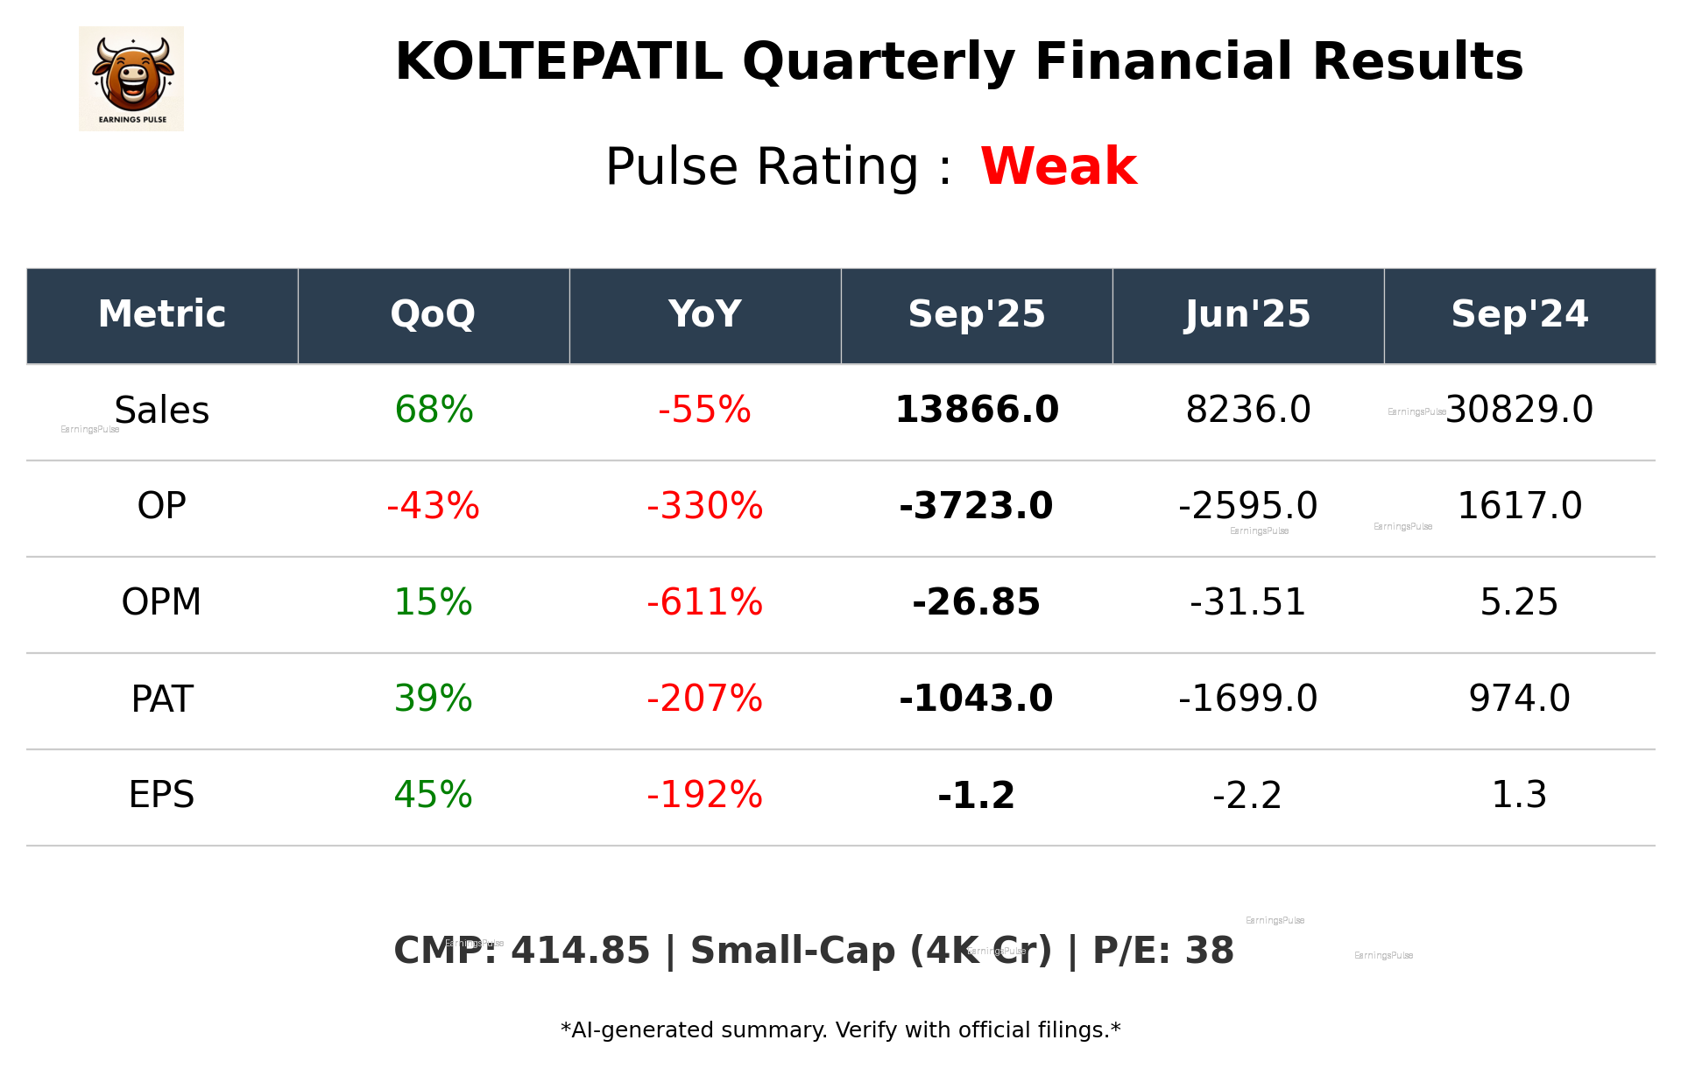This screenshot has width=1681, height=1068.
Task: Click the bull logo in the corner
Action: tap(131, 79)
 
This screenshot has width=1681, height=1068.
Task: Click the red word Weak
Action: tap(1058, 166)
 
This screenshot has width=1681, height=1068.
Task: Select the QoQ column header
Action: tap(434, 315)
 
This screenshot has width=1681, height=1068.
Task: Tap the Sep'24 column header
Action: tap(1519, 315)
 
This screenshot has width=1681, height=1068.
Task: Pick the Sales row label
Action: tap(162, 411)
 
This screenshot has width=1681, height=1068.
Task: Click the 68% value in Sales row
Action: tap(434, 411)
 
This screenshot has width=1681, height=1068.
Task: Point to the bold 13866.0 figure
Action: tap(977, 411)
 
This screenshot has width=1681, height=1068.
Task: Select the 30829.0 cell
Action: tap(1519, 411)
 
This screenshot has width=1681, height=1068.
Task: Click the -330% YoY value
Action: tap(704, 507)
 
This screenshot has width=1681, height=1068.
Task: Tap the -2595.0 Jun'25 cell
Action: tap(1247, 507)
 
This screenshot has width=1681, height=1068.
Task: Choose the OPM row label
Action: tap(162, 603)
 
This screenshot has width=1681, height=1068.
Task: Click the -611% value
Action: tap(704, 603)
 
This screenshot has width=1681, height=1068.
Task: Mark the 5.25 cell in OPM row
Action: tap(1519, 603)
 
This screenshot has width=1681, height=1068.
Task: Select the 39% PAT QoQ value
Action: tap(434, 699)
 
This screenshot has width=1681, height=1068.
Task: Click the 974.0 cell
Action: tap(1519, 699)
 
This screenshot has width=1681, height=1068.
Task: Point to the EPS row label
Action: tap(162, 796)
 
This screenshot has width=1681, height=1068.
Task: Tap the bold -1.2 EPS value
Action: tap(977, 796)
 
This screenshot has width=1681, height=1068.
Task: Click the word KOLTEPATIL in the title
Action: tap(559, 63)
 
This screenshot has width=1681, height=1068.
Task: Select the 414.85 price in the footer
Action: tap(580, 952)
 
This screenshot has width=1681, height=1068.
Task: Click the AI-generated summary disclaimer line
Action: tap(840, 1030)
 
